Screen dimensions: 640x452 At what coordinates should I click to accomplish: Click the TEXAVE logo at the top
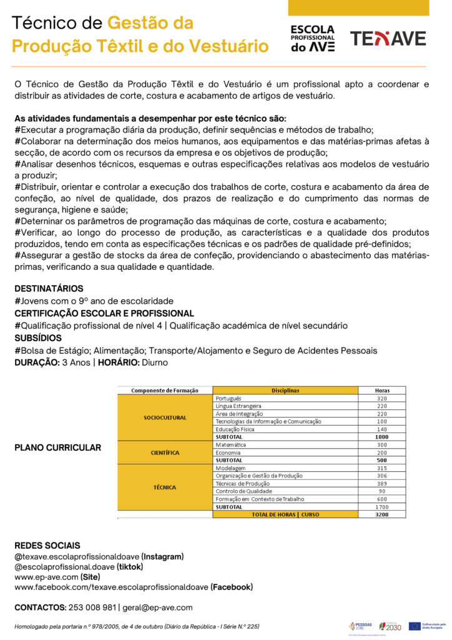pyautogui.click(x=388, y=39)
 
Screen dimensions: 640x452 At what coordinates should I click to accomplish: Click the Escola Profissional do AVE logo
pyautogui.click(x=313, y=39)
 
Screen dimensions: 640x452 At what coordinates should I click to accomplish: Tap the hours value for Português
pyautogui.click(x=381, y=398)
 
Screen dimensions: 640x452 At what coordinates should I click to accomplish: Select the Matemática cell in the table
pyautogui.click(x=231, y=445)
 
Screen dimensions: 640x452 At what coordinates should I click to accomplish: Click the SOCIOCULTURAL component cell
pyautogui.click(x=165, y=417)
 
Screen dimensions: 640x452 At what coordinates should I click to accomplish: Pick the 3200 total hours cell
pyautogui.click(x=381, y=514)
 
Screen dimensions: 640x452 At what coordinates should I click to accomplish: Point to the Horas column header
pyautogui.click(x=381, y=391)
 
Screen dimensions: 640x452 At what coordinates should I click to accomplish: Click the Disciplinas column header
pyautogui.click(x=285, y=391)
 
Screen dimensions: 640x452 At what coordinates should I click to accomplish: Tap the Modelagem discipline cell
pyautogui.click(x=230, y=468)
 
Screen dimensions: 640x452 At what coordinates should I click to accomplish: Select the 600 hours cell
pyautogui.click(x=381, y=499)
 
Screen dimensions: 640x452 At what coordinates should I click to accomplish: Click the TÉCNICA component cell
pyautogui.click(x=165, y=487)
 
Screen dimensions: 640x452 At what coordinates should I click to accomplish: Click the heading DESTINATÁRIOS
pyautogui.click(x=49, y=289)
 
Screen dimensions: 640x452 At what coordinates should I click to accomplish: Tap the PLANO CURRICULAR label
pyautogui.click(x=57, y=447)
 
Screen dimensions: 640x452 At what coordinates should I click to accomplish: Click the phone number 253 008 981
pyautogui.click(x=93, y=607)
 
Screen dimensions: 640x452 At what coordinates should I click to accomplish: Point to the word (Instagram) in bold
pyautogui.click(x=162, y=556)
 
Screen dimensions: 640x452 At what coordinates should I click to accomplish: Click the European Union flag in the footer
pyautogui.click(x=415, y=626)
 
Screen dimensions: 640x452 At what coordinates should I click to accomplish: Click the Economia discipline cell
pyautogui.click(x=229, y=452)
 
